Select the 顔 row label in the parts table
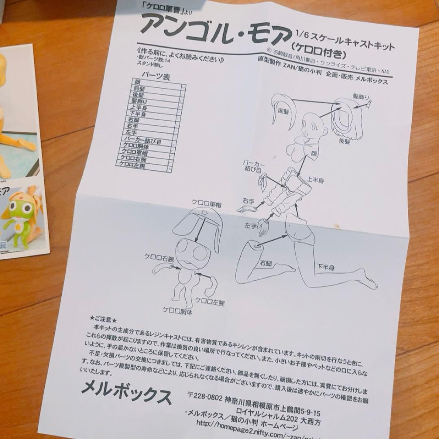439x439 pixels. [136, 82]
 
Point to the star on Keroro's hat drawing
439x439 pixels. [198, 213]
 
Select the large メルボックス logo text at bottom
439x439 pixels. [126, 392]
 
